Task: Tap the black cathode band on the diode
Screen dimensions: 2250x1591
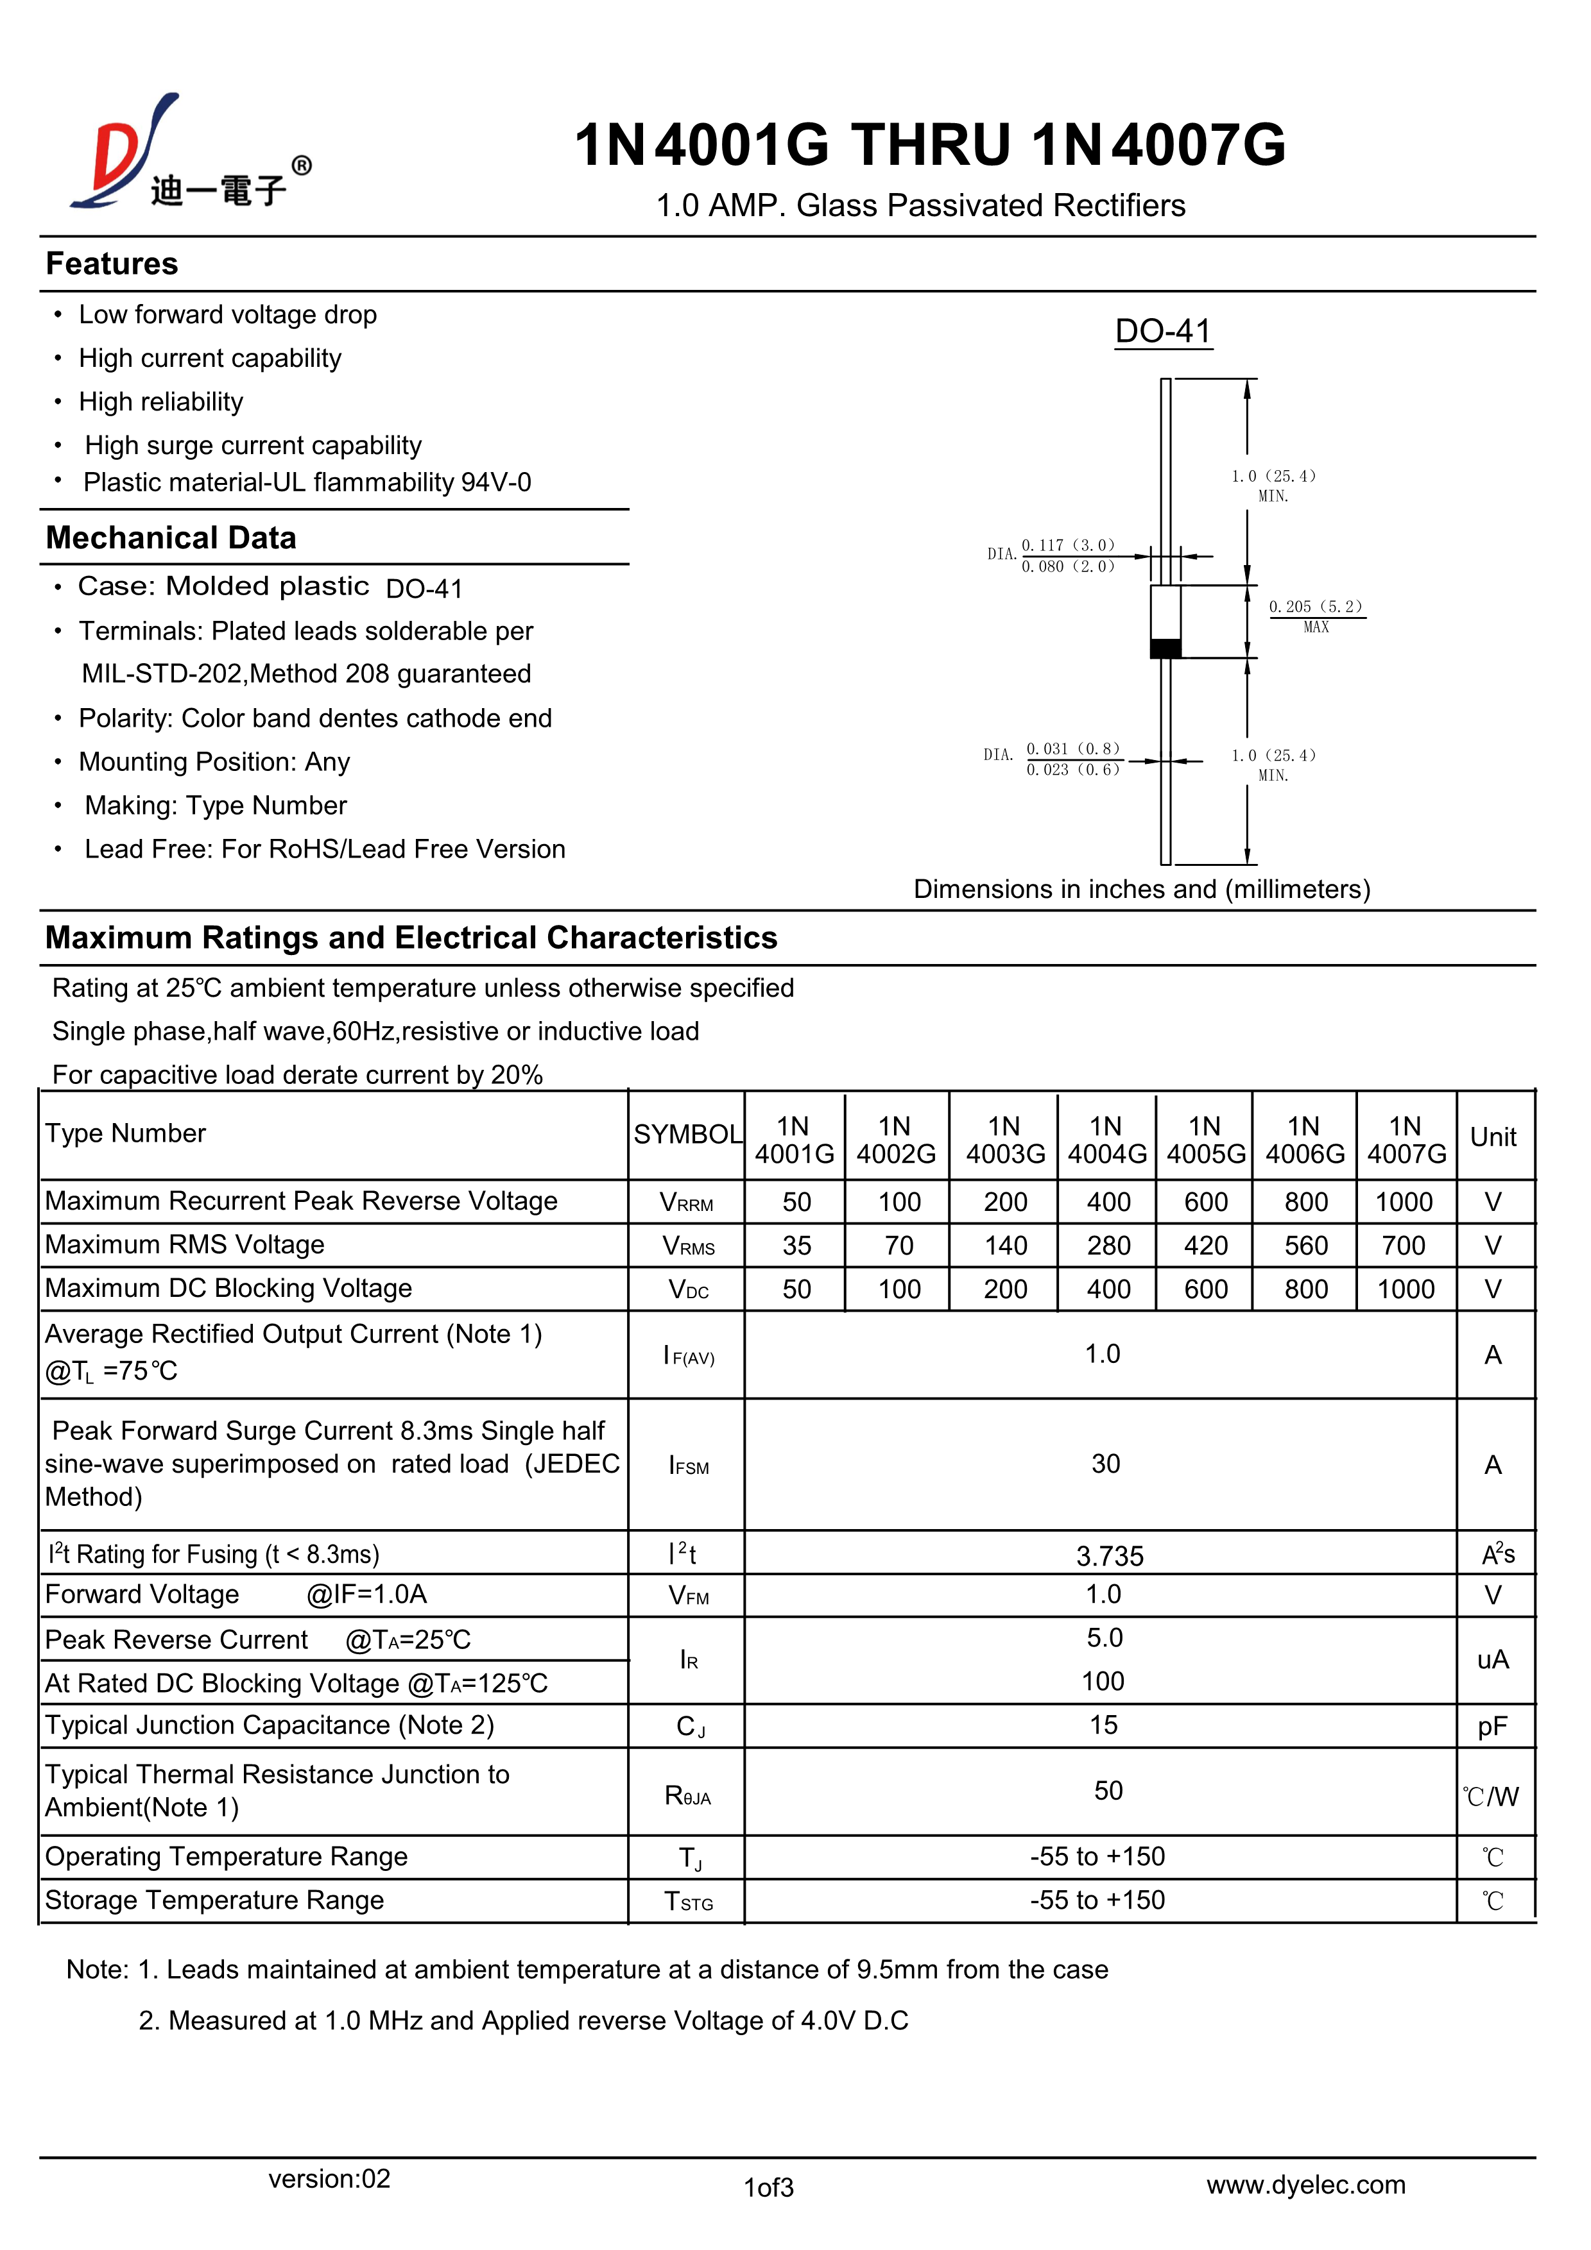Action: [1165, 648]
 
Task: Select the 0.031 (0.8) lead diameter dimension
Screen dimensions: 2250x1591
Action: [1072, 749]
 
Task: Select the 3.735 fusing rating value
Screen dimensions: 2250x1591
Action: [1110, 1556]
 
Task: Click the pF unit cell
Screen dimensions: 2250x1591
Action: [1492, 1727]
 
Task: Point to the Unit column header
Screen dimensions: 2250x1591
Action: [1492, 1137]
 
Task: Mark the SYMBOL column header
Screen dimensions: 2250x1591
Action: [687, 1134]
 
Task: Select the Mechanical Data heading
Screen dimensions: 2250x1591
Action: [171, 538]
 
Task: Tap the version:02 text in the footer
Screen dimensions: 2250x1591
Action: [329, 2178]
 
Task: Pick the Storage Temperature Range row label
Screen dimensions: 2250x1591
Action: [215, 1900]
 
